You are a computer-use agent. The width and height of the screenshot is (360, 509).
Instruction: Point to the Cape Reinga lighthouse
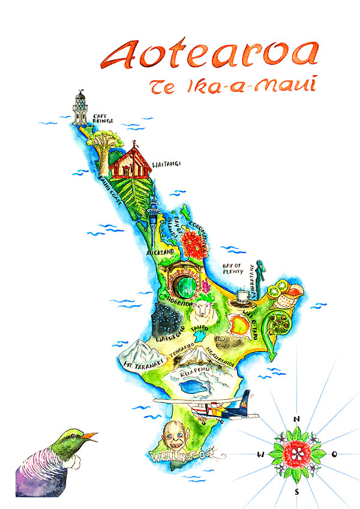click(80, 109)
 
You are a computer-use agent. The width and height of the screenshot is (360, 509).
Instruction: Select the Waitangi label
click(166, 164)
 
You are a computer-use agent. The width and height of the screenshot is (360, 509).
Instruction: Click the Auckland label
click(160, 252)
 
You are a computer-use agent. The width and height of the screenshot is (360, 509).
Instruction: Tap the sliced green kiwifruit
click(277, 291)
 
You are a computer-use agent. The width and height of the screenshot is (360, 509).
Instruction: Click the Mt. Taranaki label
click(137, 363)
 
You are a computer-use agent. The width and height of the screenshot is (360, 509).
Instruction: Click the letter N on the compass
click(296, 419)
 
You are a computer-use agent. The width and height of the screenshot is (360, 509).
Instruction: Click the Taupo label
click(199, 329)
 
